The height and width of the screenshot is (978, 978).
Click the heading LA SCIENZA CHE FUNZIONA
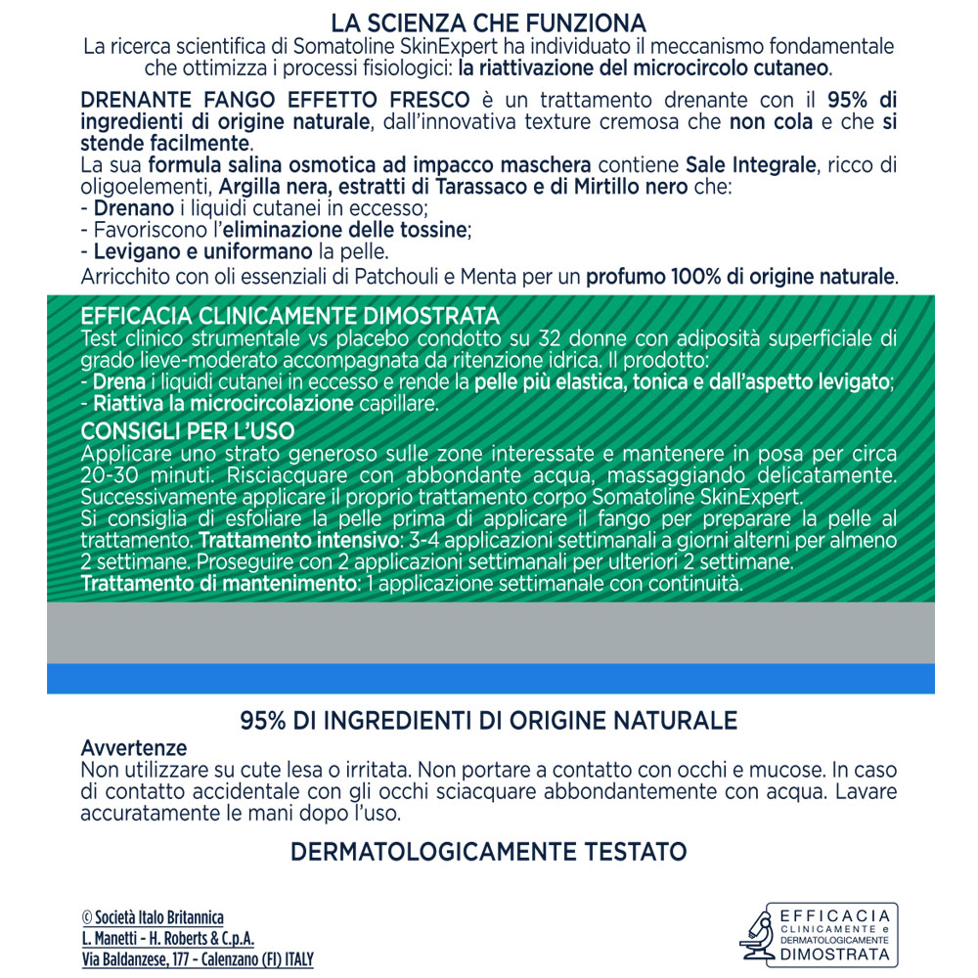coord(488,22)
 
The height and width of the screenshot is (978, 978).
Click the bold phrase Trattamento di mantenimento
coord(217,585)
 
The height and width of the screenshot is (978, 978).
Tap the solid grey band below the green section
coord(489,633)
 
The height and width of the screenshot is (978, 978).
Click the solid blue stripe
coord(489,679)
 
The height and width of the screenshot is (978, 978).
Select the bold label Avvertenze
coord(133,748)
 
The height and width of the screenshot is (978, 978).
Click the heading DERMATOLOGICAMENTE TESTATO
coord(488,852)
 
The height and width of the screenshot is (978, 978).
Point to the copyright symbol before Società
coord(87,917)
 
